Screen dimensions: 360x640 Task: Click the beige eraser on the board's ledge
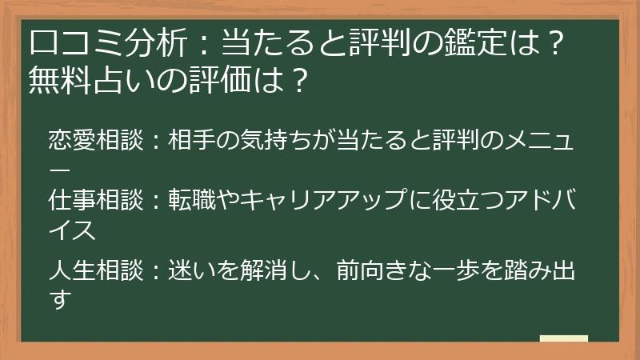click(563, 339)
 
